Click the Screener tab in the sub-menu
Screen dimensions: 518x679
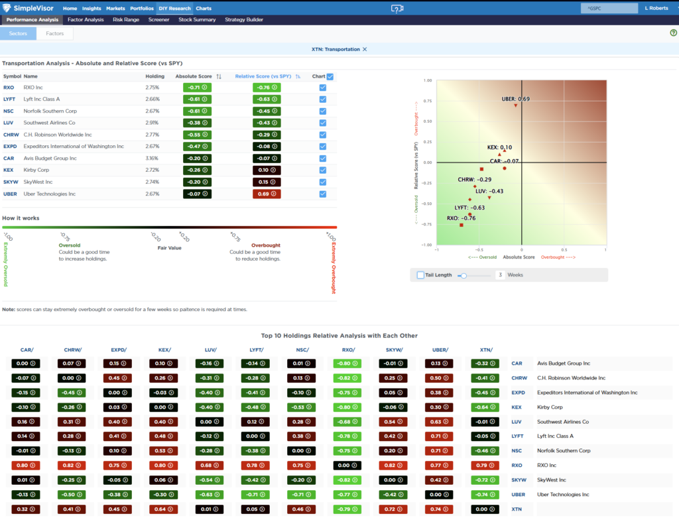[x=159, y=20]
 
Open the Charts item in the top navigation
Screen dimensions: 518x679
[x=204, y=9]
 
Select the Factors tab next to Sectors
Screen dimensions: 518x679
[x=55, y=33]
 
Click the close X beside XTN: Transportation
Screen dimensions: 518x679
[x=365, y=49]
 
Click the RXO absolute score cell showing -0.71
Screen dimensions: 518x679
[x=197, y=88]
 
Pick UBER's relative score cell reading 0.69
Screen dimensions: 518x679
[x=266, y=194]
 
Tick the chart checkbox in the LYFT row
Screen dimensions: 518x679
[x=323, y=99]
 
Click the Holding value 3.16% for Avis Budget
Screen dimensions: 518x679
[x=153, y=159]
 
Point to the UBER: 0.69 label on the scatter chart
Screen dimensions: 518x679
[x=515, y=99]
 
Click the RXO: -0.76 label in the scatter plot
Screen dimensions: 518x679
[x=461, y=218]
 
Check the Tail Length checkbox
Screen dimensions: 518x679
[x=420, y=275]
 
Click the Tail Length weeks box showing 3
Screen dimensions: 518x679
[x=500, y=275]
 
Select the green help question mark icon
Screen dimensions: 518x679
[x=673, y=32]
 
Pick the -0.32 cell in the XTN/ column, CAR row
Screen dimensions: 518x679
[x=485, y=363]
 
